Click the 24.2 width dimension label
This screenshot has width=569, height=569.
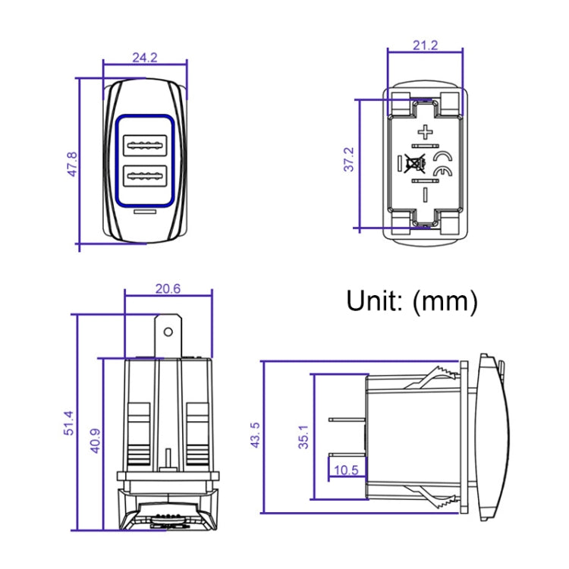[x=145, y=57]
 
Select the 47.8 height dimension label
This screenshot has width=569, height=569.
[x=72, y=164]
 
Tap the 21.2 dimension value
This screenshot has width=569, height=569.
[x=426, y=46]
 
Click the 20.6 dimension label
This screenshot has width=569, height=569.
[x=168, y=288]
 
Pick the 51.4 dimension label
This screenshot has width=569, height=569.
[x=68, y=423]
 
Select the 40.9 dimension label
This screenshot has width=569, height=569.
[x=96, y=439]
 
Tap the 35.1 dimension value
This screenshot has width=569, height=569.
[x=303, y=438]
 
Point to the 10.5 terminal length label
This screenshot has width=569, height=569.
[x=345, y=470]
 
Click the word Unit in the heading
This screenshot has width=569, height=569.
[x=375, y=301]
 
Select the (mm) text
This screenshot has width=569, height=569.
[x=445, y=301]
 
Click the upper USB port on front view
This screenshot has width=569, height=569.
[x=146, y=143]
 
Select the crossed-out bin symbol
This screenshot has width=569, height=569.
[x=415, y=163]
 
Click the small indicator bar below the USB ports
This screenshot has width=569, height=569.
[x=146, y=212]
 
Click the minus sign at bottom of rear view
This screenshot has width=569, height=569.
[x=426, y=194]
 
